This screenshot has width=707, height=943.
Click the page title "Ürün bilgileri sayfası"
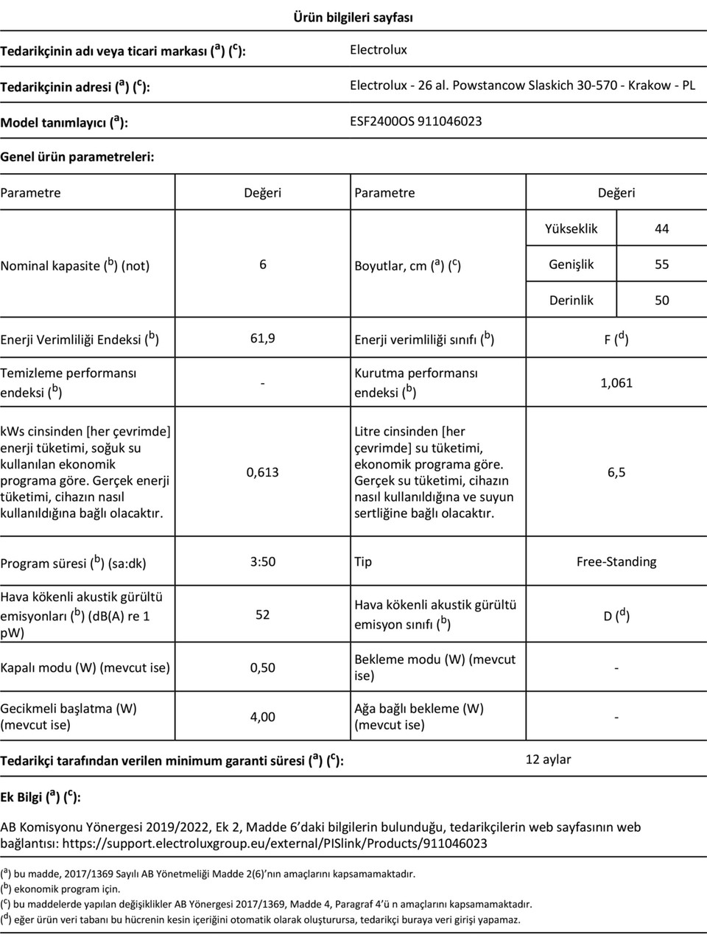click(x=353, y=17)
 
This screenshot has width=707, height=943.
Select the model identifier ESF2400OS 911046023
click(x=415, y=121)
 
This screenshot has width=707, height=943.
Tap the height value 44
click(x=661, y=228)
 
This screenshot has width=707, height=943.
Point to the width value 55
click(x=661, y=264)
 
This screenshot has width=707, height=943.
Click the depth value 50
click(x=661, y=300)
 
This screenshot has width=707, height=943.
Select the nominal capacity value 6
click(x=263, y=264)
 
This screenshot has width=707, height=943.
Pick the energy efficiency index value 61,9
click(x=263, y=338)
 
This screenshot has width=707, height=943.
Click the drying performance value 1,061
click(x=616, y=382)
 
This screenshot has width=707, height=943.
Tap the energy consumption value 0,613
click(x=263, y=472)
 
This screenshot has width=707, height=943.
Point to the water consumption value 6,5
click(x=616, y=472)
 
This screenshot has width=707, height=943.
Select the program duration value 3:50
click(x=263, y=561)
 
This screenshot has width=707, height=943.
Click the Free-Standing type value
click(x=616, y=561)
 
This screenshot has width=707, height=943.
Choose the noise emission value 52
click(x=263, y=614)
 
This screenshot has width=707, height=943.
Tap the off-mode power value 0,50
click(x=263, y=667)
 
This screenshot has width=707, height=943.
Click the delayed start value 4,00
click(x=263, y=716)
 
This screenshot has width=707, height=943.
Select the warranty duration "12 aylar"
click(x=548, y=759)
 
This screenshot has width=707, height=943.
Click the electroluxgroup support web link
click(x=275, y=844)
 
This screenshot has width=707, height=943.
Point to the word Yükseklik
click(x=571, y=228)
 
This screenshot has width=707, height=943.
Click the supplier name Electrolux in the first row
click(x=378, y=49)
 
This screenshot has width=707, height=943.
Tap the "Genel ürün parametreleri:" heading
click(x=77, y=157)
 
